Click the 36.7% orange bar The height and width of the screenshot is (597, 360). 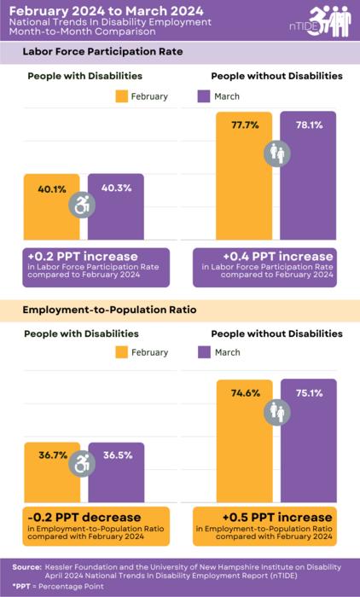pyautogui.click(x=52, y=478)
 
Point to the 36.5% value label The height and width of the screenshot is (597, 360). pyautogui.click(x=117, y=455)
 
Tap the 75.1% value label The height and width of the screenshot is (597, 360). pyautogui.click(x=309, y=393)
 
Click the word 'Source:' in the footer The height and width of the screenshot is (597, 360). pyautogui.click(x=28, y=566)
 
